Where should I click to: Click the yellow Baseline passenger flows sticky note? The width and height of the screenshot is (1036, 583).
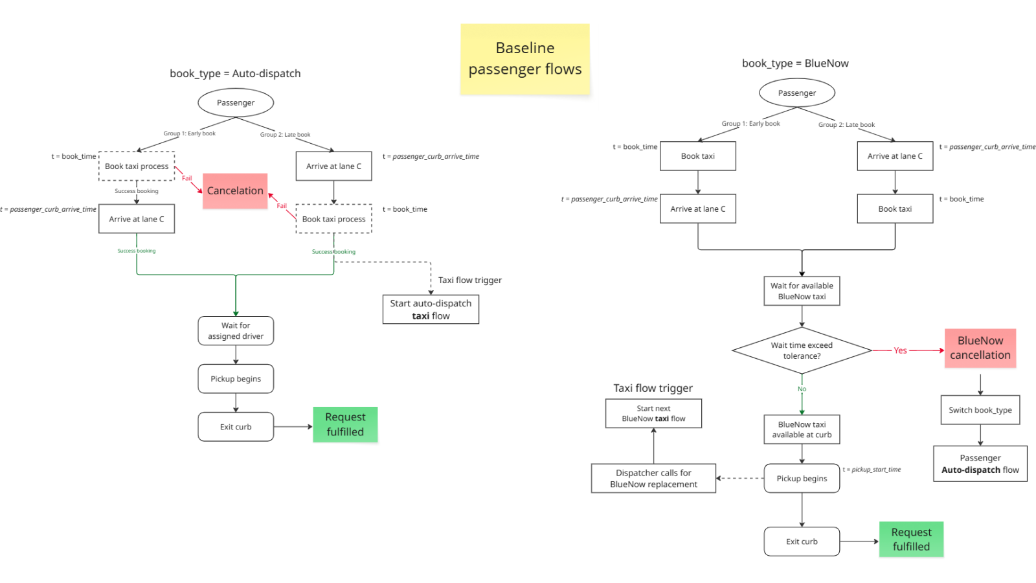[x=525, y=59]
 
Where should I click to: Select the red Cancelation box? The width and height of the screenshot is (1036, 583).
[x=235, y=190]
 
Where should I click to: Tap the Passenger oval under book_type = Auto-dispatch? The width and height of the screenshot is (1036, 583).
[x=236, y=102]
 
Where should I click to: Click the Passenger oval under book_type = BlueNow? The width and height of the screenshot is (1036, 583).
[x=797, y=93]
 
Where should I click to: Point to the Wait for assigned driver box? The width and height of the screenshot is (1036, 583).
[x=236, y=331]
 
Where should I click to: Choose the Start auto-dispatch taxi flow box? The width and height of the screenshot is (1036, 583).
[x=431, y=310]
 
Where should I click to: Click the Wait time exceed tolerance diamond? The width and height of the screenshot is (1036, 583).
[x=802, y=350]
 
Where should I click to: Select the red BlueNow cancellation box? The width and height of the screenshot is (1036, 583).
[x=980, y=348]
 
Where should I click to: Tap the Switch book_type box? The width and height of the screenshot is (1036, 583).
[x=980, y=410]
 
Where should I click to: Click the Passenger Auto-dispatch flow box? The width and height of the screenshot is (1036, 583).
[x=980, y=464]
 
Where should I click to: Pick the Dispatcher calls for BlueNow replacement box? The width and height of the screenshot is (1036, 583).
[x=653, y=479]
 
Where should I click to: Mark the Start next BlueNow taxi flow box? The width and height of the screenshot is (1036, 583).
[x=653, y=413]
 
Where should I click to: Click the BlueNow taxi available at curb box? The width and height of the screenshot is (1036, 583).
[x=802, y=429]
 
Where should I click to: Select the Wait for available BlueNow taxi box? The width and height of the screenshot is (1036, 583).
[x=802, y=291]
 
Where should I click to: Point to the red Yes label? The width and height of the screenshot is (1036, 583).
[x=900, y=350]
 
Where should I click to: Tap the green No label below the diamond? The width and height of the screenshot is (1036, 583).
[x=802, y=389]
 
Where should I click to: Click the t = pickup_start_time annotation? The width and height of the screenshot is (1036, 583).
[x=872, y=469]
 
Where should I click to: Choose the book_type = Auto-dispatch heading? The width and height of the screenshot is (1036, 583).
[x=235, y=73]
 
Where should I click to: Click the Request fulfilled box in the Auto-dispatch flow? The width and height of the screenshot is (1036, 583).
[x=345, y=424]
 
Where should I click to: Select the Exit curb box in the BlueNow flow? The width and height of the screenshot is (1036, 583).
[x=802, y=542]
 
